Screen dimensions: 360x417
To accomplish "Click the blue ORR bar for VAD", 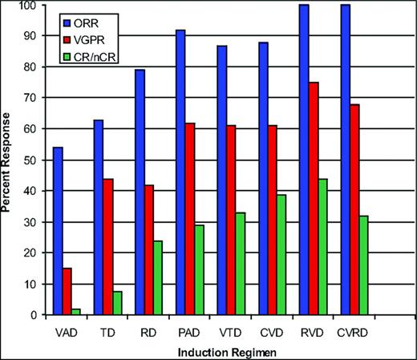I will point(58,231).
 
